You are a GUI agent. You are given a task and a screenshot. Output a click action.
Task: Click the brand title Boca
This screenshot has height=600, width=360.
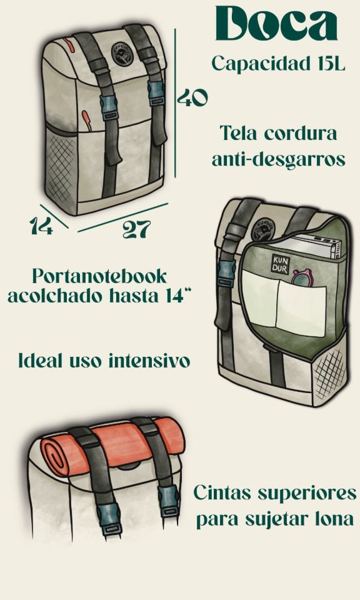pos(277,26)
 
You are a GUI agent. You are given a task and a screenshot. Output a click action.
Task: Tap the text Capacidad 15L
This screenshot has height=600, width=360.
pos(277,64)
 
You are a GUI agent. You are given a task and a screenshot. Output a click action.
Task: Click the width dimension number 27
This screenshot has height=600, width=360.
pos(136,229)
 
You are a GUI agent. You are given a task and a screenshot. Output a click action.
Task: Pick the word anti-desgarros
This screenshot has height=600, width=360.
pos(278,159)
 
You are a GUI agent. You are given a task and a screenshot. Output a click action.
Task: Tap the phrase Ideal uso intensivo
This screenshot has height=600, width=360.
pos(104,361)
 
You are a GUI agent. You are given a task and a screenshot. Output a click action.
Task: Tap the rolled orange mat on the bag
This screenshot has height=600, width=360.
pos(112,446)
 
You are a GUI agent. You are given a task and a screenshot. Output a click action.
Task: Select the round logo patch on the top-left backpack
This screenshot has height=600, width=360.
pos(120,55)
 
